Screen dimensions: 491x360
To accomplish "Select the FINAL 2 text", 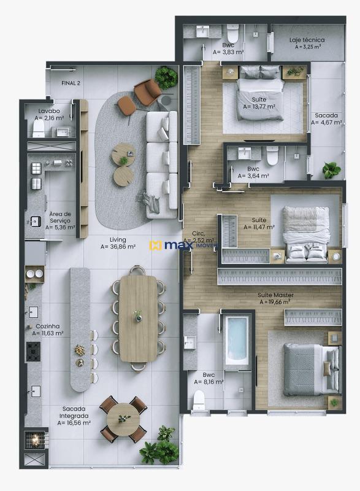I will tap(71, 83).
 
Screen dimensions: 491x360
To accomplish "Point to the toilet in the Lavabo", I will tap(39, 129).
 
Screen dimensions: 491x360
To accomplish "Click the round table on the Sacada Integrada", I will tap(123, 419).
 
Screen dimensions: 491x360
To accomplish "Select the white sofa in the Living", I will tap(161, 163).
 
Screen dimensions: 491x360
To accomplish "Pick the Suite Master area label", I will tap(275, 298).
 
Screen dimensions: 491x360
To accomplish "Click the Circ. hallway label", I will tap(197, 237).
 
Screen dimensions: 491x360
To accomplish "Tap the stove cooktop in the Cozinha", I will tap(33, 351).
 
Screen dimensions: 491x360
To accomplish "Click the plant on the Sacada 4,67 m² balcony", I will tap(332, 170).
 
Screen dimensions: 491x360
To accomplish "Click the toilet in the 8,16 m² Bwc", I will tap(199, 400).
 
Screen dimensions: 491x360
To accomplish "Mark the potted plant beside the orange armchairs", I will tap(166, 77).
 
